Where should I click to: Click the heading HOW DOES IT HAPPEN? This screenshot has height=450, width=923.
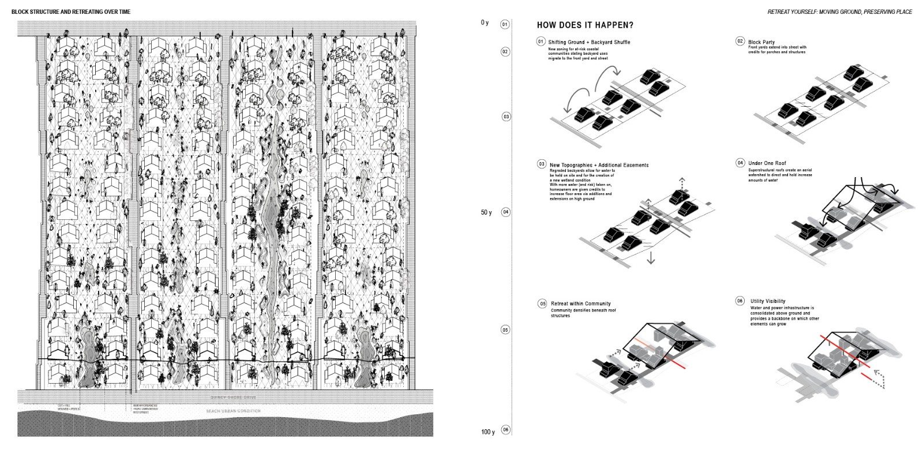[585, 25]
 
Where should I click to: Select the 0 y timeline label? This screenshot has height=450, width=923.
[485, 23]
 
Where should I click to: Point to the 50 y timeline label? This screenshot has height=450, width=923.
[486, 212]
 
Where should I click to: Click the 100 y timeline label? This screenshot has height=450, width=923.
[487, 432]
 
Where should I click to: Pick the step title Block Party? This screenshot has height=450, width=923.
[761, 42]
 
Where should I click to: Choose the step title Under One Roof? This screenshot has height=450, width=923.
[767, 163]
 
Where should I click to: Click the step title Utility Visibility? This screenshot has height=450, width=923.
[768, 301]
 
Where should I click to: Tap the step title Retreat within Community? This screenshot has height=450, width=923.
[580, 303]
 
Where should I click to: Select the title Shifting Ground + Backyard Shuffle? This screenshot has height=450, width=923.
[593, 42]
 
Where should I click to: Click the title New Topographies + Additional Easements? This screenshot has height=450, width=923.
[599, 165]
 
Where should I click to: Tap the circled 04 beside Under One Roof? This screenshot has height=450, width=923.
[740, 163]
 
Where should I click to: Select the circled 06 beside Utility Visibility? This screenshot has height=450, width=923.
[740, 301]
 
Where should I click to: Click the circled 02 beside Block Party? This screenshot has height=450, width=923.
[740, 42]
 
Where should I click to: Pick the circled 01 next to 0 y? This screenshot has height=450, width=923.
[505, 24]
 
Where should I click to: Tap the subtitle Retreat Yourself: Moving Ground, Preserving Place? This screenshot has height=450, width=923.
[839, 12]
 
